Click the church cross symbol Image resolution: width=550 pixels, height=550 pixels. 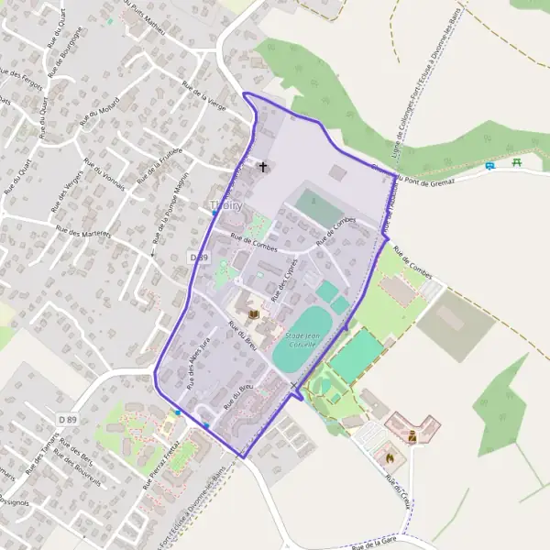pos(264,168)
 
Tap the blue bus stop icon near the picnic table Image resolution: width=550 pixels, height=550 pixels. pos(490,166)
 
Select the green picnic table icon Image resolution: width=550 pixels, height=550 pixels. pos(518,162)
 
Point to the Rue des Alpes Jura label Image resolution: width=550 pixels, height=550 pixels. pos(199,363)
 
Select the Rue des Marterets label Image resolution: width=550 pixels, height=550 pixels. pos(82,233)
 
